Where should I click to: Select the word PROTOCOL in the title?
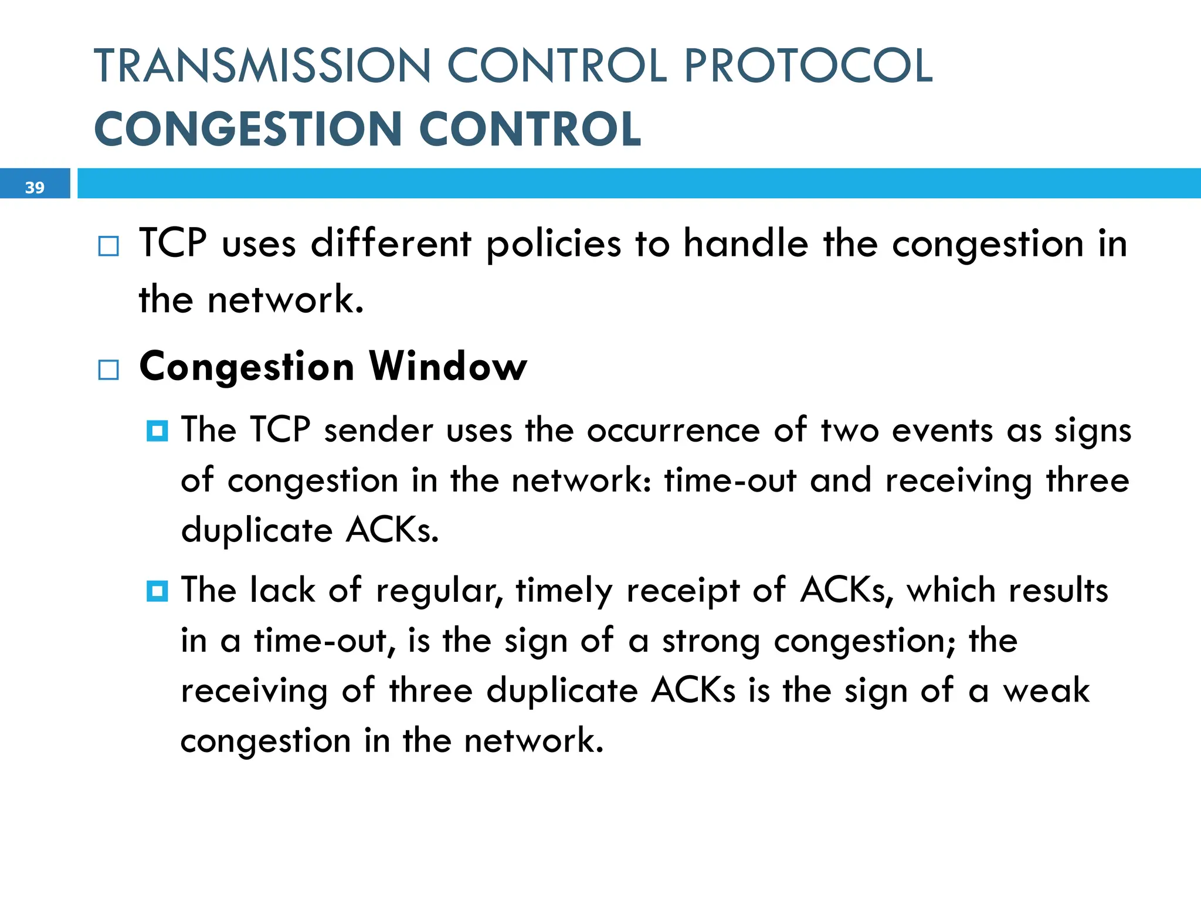coord(808,66)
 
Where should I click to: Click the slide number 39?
coord(35,187)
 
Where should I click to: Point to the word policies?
coord(553,244)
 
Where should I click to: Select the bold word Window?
coord(448,367)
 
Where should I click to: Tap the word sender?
coord(378,430)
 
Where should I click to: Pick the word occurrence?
coord(673,431)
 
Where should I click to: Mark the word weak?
coord(1046,690)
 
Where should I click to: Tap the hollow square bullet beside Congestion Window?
coord(108,370)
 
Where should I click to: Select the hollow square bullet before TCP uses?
coord(108,246)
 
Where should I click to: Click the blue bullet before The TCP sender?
coord(157,431)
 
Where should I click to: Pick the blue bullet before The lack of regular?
coord(157,591)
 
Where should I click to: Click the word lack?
coord(282,590)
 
